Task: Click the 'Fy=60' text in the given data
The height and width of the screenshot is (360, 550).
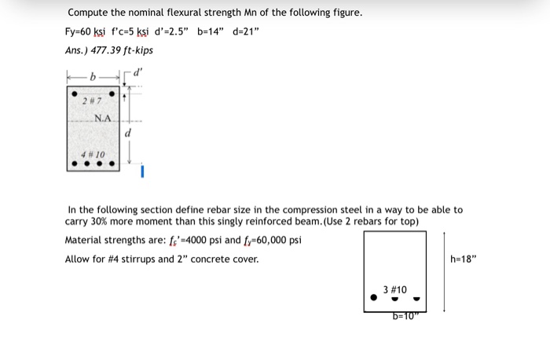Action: coord(80,31)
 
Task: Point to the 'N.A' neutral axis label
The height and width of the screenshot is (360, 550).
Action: coord(103,119)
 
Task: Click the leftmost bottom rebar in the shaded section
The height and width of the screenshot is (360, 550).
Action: coord(74,164)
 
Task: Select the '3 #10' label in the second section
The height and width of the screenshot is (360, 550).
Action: coord(395,290)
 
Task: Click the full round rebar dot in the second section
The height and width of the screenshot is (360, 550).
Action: coord(373,299)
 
